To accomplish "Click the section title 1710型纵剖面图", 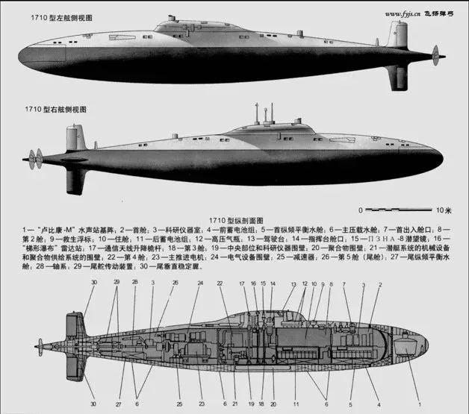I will pos(234,220).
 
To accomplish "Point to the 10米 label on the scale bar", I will pos(443,210).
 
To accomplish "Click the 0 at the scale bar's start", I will pos(360,210).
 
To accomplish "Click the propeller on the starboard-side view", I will pos(34,158).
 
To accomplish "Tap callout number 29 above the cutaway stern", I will pos(116,283).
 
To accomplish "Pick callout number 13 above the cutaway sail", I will pos(293,283).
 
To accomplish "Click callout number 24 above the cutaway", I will pos(200,283).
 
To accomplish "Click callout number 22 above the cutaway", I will pos(220,283).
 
